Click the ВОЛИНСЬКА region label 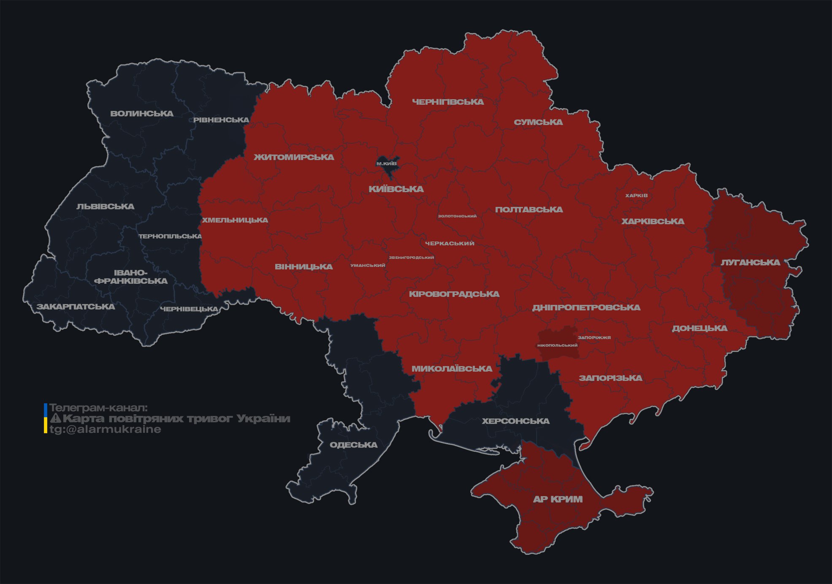click(x=142, y=114)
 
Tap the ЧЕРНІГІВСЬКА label click(x=448, y=102)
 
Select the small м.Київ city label click(x=387, y=163)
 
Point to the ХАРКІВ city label click(x=636, y=196)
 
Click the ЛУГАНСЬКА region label click(x=750, y=262)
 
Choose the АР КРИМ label click(x=558, y=499)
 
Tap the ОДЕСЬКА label click(x=353, y=445)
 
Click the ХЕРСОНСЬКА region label click(x=515, y=421)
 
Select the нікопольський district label click(x=557, y=345)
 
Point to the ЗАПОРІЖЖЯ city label click(x=594, y=337)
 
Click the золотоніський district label click(x=457, y=216)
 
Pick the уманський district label click(x=368, y=265)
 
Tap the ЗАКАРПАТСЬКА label click(x=76, y=307)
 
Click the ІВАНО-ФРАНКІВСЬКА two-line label click(x=131, y=277)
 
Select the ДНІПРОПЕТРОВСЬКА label click(x=586, y=307)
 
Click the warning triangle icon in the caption click(x=55, y=418)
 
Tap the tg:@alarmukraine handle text click(x=105, y=429)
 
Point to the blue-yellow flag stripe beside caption click(x=46, y=418)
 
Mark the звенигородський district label click(x=411, y=257)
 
